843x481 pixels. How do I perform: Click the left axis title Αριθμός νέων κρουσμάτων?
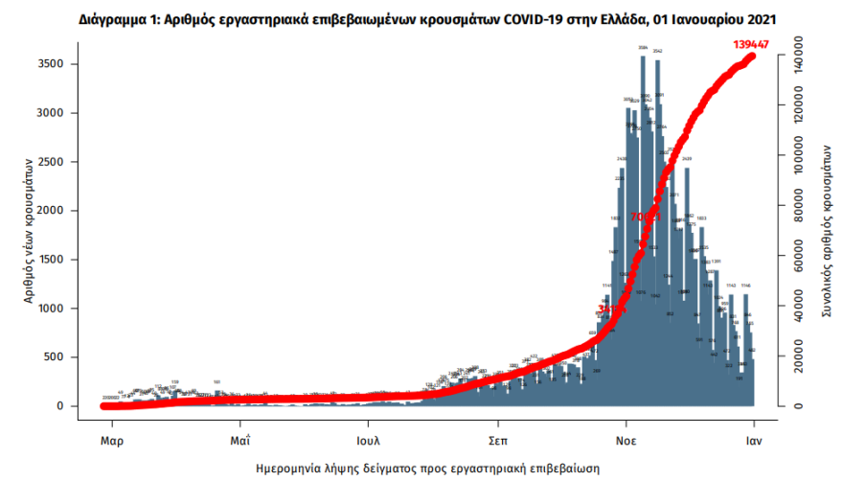(32, 234)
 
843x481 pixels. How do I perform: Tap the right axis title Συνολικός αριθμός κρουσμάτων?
(824, 226)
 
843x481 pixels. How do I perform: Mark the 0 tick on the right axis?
(791, 406)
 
